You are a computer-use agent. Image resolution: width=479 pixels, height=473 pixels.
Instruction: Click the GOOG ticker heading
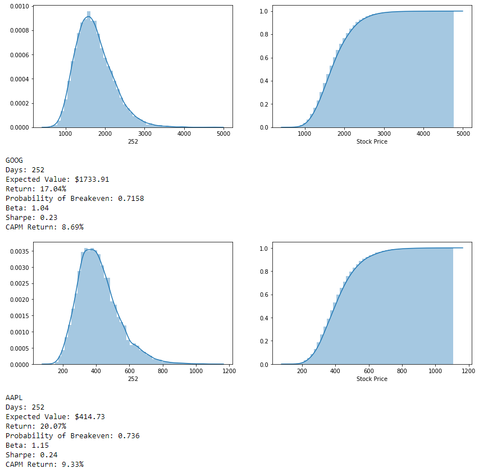coord(15,160)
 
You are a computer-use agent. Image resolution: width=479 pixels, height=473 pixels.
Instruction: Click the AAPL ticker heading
coord(15,398)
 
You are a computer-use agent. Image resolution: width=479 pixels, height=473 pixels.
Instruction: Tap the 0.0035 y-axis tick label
coord(20,251)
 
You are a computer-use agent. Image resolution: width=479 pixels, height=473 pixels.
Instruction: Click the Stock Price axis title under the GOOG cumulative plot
coord(372,141)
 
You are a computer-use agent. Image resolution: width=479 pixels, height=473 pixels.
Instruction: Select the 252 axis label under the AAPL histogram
coord(133,379)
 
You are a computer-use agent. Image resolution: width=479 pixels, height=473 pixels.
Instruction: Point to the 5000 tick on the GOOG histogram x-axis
coord(223,134)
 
